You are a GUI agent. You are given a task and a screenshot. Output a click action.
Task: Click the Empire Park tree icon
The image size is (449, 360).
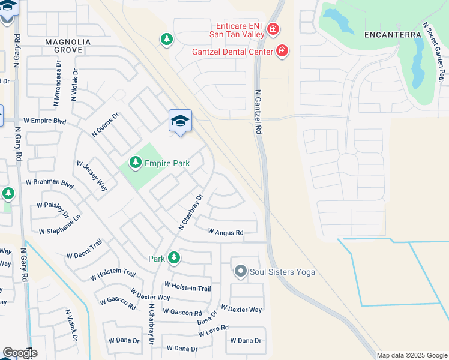click(x=136, y=163)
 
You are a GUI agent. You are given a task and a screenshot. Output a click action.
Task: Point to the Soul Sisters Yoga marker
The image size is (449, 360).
click(x=241, y=272)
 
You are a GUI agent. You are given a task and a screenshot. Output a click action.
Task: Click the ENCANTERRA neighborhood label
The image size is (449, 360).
click(x=393, y=35)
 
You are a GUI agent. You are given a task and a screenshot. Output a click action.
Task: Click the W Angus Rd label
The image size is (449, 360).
click(x=225, y=232)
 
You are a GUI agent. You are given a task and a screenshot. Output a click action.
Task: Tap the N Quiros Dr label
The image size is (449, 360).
click(x=106, y=125)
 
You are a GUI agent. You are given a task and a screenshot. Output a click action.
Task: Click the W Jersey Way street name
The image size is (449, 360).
click(x=92, y=176)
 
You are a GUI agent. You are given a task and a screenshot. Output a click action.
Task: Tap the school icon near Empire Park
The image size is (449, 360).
click(x=180, y=121)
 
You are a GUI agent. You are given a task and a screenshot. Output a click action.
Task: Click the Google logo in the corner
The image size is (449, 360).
click(x=19, y=353)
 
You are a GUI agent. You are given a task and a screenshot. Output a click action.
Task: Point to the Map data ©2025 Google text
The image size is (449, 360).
click(x=412, y=355)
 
